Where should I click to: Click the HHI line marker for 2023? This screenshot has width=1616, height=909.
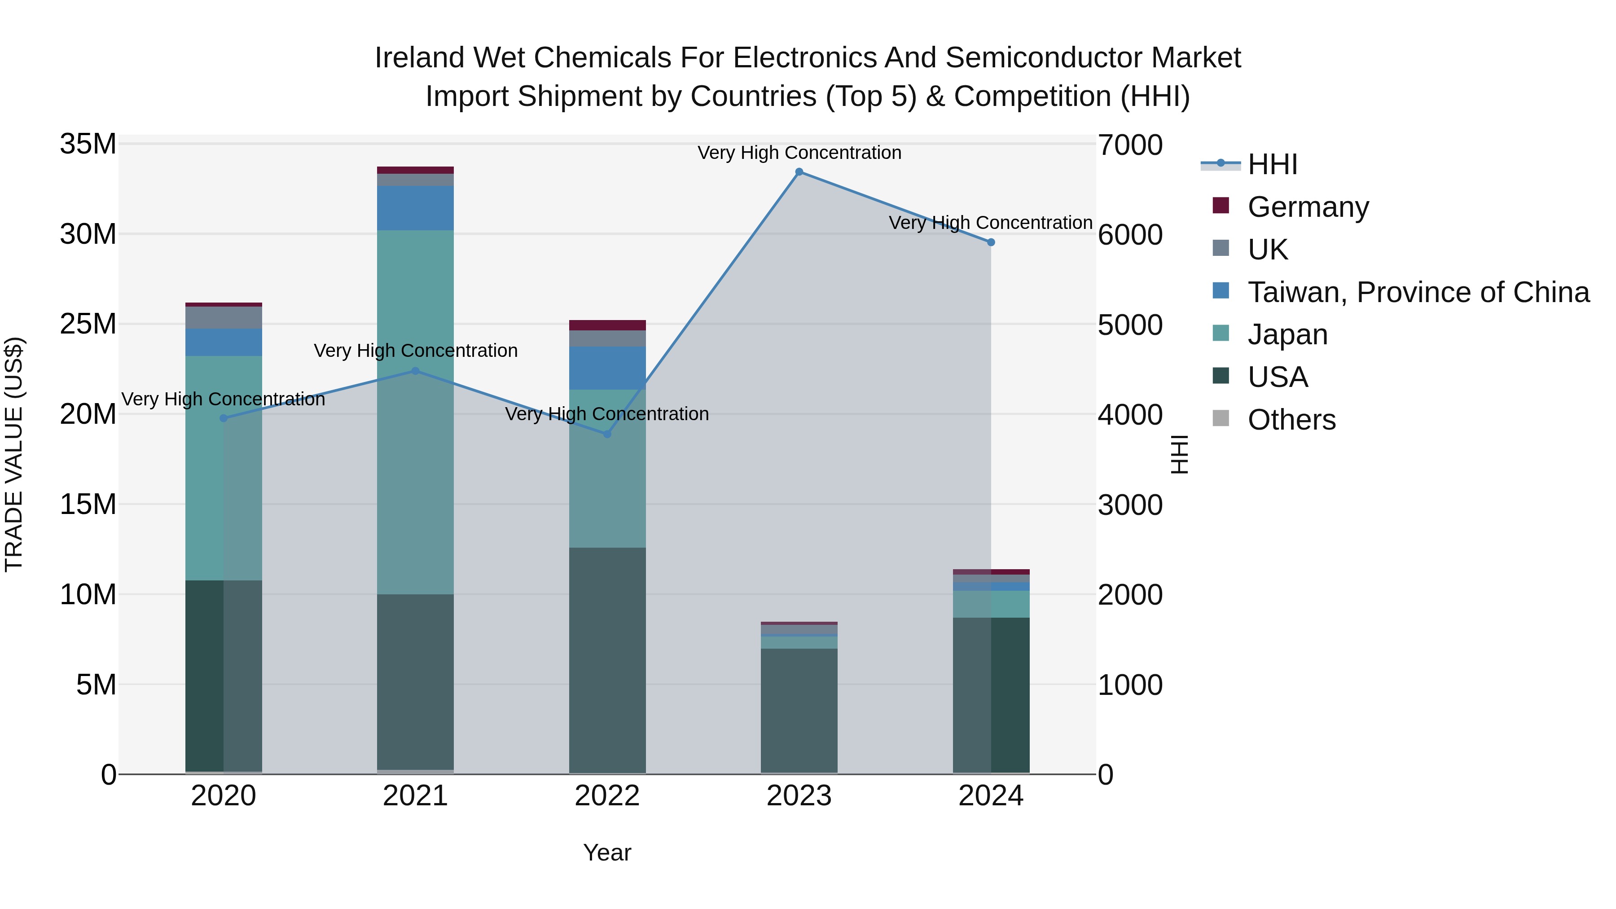click(x=799, y=172)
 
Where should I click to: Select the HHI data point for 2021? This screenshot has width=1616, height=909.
click(x=415, y=371)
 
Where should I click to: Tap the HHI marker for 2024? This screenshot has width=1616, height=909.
click(x=991, y=242)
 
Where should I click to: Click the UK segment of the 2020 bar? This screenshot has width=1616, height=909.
click(x=224, y=317)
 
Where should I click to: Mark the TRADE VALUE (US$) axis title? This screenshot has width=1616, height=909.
click(x=14, y=454)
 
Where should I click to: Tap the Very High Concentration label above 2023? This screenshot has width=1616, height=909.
click(x=799, y=153)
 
